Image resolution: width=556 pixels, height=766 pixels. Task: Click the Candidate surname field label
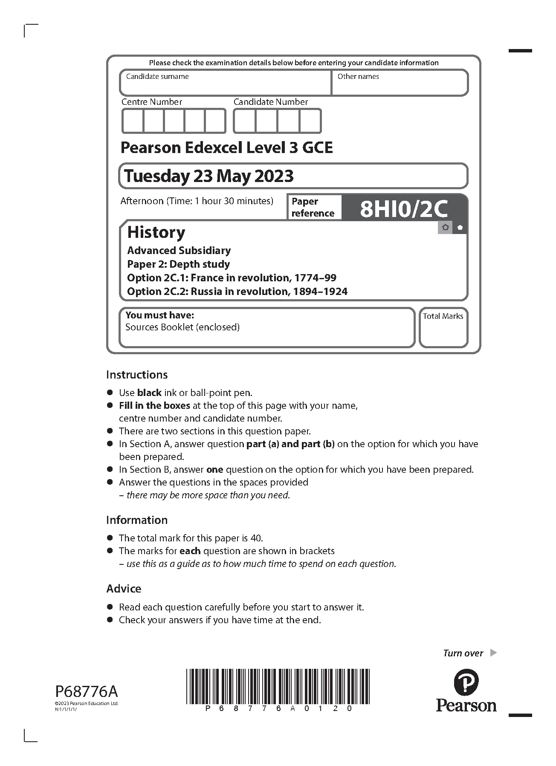tap(157, 77)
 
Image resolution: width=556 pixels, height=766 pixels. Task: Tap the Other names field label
tap(358, 77)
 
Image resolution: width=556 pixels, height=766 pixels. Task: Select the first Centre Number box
tap(133, 121)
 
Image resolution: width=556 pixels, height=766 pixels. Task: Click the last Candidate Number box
tap(310, 121)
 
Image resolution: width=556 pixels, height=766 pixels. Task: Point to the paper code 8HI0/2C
tap(404, 209)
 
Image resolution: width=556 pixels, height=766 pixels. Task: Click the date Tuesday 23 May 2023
tap(209, 176)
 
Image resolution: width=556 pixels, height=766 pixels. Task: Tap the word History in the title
tap(156, 232)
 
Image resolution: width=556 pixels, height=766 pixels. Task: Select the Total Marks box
tap(443, 327)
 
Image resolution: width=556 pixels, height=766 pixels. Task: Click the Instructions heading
tap(137, 375)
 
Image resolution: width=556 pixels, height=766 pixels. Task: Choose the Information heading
tap(137, 520)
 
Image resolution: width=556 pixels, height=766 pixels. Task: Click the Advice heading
tap(124, 589)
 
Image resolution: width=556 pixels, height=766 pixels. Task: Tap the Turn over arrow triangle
tap(493, 653)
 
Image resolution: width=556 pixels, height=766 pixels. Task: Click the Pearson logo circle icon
tap(466, 682)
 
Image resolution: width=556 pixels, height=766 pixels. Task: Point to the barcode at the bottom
tap(278, 686)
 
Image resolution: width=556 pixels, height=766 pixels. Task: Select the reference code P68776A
tap(87, 691)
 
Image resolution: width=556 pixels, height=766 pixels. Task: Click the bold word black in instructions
tap(149, 393)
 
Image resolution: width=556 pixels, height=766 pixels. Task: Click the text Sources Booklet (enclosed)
tap(182, 327)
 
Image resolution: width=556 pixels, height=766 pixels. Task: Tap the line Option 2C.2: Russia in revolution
tap(237, 292)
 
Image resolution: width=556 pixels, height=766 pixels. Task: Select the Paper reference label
tap(313, 207)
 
